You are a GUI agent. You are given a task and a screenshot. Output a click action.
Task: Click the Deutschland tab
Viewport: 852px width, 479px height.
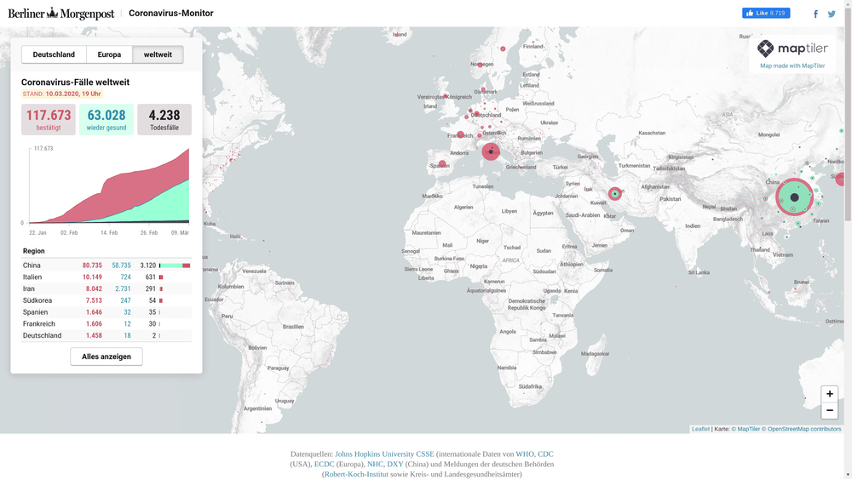(54, 54)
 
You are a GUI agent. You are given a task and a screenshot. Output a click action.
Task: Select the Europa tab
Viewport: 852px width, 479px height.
(109, 54)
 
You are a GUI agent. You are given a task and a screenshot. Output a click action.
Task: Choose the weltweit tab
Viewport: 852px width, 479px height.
(158, 54)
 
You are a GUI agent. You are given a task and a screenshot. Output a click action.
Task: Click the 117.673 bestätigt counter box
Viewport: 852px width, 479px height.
(49, 119)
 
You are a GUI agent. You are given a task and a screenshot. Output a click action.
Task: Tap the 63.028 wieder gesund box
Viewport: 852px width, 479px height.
(106, 119)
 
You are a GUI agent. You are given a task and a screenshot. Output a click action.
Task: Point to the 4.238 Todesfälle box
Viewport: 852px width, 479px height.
(164, 119)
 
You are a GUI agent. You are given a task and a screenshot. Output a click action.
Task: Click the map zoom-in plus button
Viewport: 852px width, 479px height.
(829, 394)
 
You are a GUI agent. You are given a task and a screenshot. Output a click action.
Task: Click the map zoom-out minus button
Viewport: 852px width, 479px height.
(829, 410)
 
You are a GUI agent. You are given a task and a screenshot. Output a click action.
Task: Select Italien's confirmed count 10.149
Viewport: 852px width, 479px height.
(92, 277)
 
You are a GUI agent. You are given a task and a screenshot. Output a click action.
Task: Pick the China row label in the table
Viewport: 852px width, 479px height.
(32, 265)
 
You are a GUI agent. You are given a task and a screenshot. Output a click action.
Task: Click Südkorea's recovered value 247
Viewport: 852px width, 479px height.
(125, 300)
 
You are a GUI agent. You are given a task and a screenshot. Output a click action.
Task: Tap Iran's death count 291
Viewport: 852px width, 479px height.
(150, 289)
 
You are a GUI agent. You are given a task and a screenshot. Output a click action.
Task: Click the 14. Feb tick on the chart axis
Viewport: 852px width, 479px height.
(109, 232)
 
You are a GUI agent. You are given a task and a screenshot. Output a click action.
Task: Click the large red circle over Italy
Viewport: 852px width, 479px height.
(491, 151)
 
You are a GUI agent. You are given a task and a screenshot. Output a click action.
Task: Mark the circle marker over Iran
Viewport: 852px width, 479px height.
(614, 194)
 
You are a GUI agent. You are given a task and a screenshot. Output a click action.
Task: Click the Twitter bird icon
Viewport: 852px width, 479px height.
(832, 14)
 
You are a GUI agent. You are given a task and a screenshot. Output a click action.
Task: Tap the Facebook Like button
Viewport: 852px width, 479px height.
(766, 14)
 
